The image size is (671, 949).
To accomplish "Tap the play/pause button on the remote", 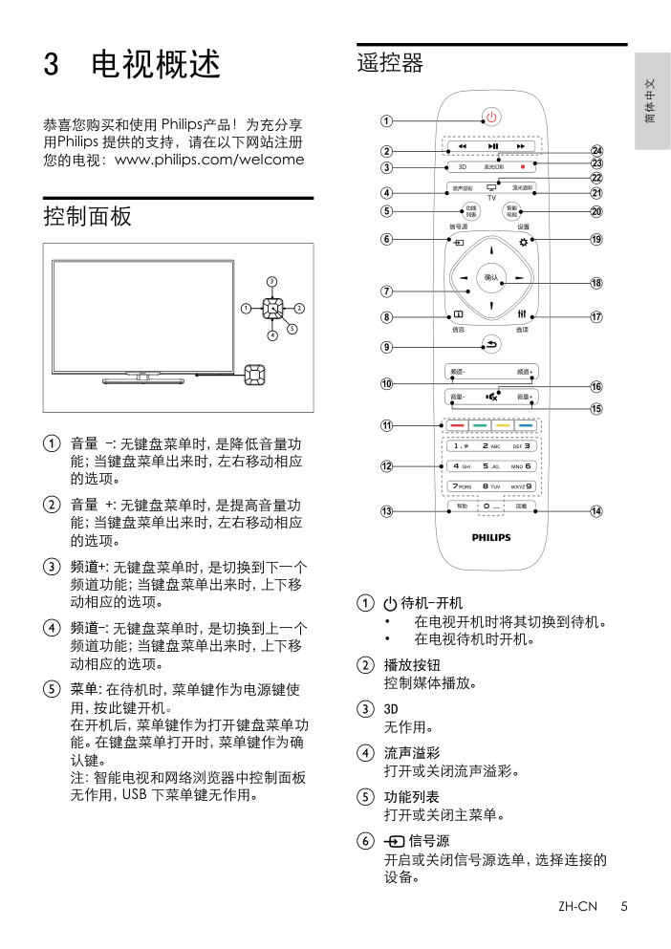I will click(x=491, y=146).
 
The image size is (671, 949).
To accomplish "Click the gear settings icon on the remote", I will click(x=523, y=242).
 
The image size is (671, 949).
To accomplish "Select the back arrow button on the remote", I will click(x=491, y=345).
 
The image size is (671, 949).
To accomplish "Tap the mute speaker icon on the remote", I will click(x=491, y=396).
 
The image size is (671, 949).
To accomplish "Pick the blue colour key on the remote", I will click(x=525, y=424).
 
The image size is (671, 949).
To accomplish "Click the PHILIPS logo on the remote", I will click(x=491, y=538).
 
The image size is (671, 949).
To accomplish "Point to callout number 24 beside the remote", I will click(x=595, y=151).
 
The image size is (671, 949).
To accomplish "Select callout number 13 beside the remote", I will click(x=386, y=511).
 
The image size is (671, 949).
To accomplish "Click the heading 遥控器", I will click(x=390, y=64).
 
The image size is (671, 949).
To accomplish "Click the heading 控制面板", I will click(x=88, y=217).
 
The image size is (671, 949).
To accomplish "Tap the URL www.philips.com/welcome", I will click(x=209, y=160).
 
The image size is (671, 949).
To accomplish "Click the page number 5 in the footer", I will click(x=623, y=906).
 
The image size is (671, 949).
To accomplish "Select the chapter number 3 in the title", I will click(x=53, y=65).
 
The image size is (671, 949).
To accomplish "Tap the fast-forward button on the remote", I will click(x=521, y=146).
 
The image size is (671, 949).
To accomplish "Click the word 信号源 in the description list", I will click(x=428, y=841).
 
